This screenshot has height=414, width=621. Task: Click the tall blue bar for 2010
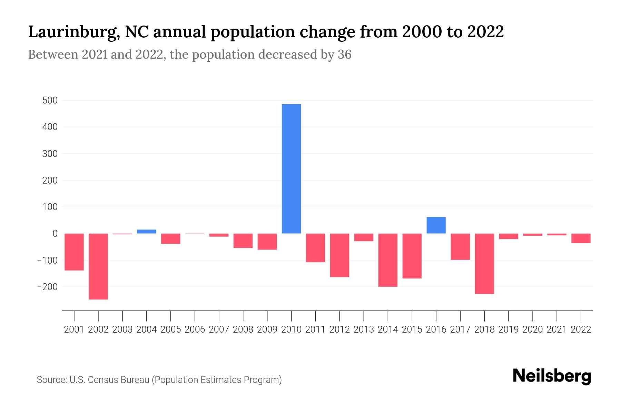(291, 169)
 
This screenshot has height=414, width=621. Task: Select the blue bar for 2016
(436, 225)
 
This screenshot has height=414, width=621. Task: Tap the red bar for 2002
(98, 266)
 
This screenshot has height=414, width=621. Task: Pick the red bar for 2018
(484, 264)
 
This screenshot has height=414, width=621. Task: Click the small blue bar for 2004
(147, 231)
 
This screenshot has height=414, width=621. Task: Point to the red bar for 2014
(388, 260)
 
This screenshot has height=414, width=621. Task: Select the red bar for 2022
(581, 238)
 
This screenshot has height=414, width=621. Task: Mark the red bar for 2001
(74, 252)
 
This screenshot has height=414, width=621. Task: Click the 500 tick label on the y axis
(50, 100)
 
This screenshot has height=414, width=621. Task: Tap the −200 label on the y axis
(47, 287)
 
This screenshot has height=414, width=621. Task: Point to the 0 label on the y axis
(55, 234)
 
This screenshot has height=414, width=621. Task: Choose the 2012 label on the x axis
(339, 329)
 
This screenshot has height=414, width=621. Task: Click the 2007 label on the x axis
(219, 329)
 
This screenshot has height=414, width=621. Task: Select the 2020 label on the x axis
(532, 329)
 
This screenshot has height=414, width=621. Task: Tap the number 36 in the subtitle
(344, 55)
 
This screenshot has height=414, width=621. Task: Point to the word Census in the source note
(102, 380)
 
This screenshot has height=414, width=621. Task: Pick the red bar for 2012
(339, 255)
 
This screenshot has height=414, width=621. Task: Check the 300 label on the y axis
(50, 154)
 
